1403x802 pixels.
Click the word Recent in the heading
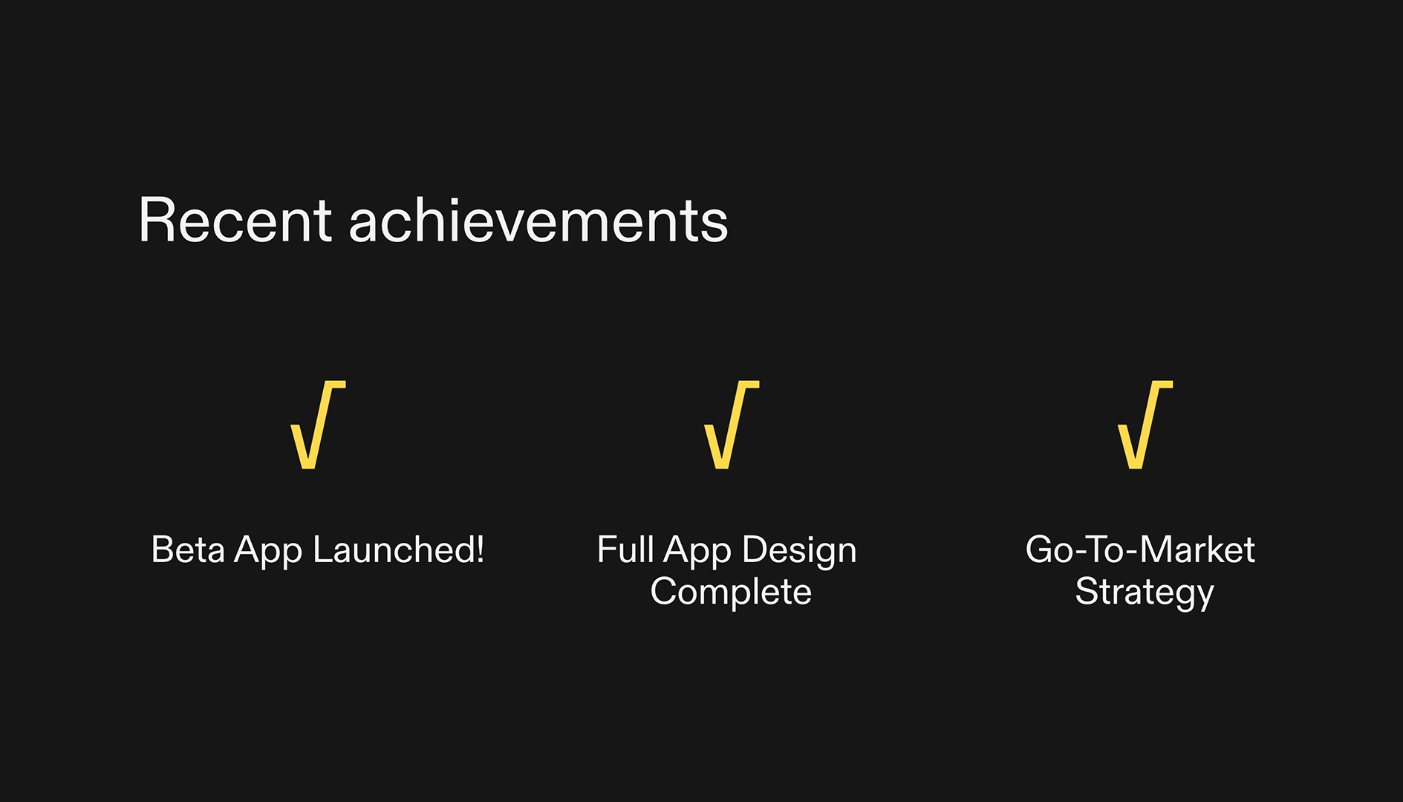(x=234, y=221)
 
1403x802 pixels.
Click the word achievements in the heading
(x=538, y=221)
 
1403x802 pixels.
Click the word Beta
(x=187, y=550)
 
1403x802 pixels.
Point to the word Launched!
(x=398, y=550)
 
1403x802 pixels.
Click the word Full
(x=625, y=550)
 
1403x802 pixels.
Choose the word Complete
(x=731, y=593)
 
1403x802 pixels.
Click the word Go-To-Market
(x=1140, y=550)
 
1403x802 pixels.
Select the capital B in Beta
(x=162, y=550)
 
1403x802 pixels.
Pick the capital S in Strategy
(x=1087, y=593)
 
